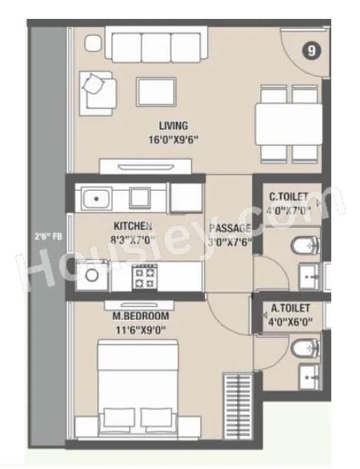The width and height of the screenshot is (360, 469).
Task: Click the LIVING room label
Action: pyautogui.click(x=173, y=126)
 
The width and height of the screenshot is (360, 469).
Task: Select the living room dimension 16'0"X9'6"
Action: pyautogui.click(x=173, y=139)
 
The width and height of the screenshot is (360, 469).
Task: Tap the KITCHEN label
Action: pyautogui.click(x=133, y=226)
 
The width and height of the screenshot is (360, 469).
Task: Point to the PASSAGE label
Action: pyautogui.click(x=229, y=229)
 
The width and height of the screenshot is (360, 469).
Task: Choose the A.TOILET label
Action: pyautogui.click(x=291, y=309)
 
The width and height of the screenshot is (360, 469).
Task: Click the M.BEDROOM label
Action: pyautogui.click(x=140, y=315)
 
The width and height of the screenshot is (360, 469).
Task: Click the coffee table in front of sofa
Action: pyautogui.click(x=156, y=92)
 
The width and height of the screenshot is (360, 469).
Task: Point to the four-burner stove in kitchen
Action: pyautogui.click(x=148, y=279)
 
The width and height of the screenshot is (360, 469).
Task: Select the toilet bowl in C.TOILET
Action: pyautogui.click(x=307, y=245)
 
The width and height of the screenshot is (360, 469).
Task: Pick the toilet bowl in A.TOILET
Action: pyautogui.click(x=307, y=346)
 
